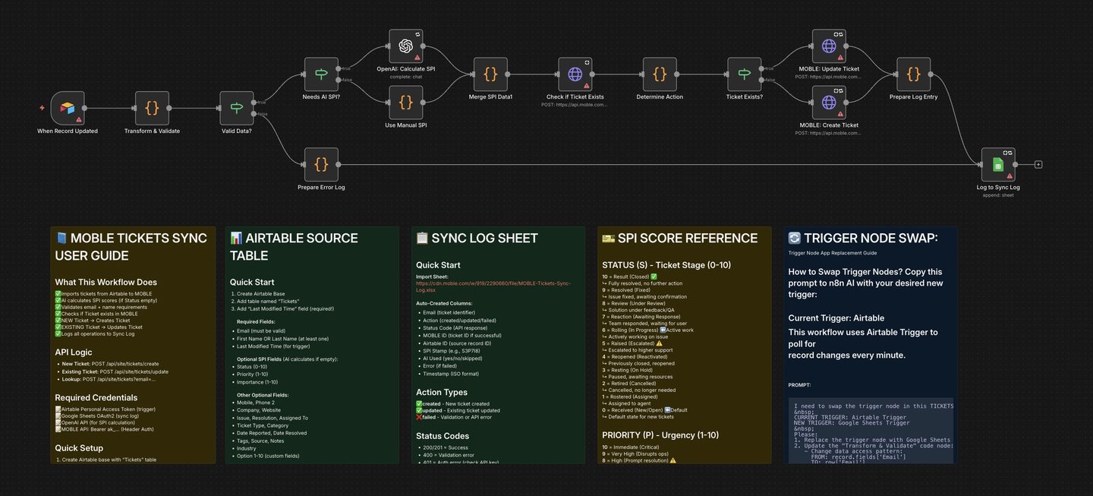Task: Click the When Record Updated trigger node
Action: click(x=68, y=109)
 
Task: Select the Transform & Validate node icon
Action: click(x=152, y=109)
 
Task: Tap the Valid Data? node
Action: click(x=237, y=109)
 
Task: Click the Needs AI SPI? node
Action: click(x=321, y=74)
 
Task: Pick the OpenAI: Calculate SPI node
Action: click(x=406, y=46)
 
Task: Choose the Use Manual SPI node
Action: click(x=406, y=102)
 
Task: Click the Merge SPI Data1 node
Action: click(x=490, y=74)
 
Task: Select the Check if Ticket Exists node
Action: click(x=575, y=74)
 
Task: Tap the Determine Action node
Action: click(x=660, y=74)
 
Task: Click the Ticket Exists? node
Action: click(x=744, y=74)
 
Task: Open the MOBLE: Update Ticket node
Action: click(x=829, y=46)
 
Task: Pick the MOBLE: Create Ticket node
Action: click(x=829, y=102)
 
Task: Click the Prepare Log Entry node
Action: click(x=913, y=74)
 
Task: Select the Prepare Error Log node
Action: click(x=321, y=164)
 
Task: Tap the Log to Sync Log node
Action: click(x=998, y=164)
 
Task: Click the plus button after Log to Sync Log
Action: click(x=1038, y=164)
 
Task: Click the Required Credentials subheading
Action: click(x=96, y=397)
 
